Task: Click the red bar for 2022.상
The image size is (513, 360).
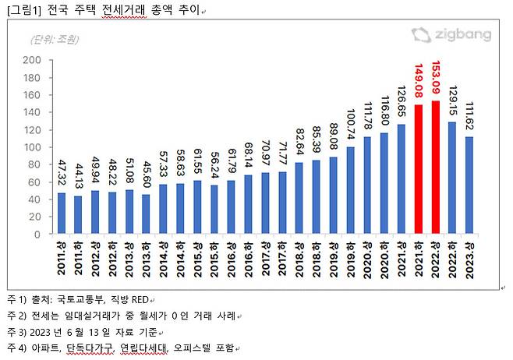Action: pos(436,168)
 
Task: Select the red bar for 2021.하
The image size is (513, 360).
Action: pos(419,169)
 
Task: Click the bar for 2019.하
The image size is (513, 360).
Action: pos(350,190)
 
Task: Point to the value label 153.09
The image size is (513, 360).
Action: pos(436,78)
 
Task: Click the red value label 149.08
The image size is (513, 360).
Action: pos(419,81)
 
